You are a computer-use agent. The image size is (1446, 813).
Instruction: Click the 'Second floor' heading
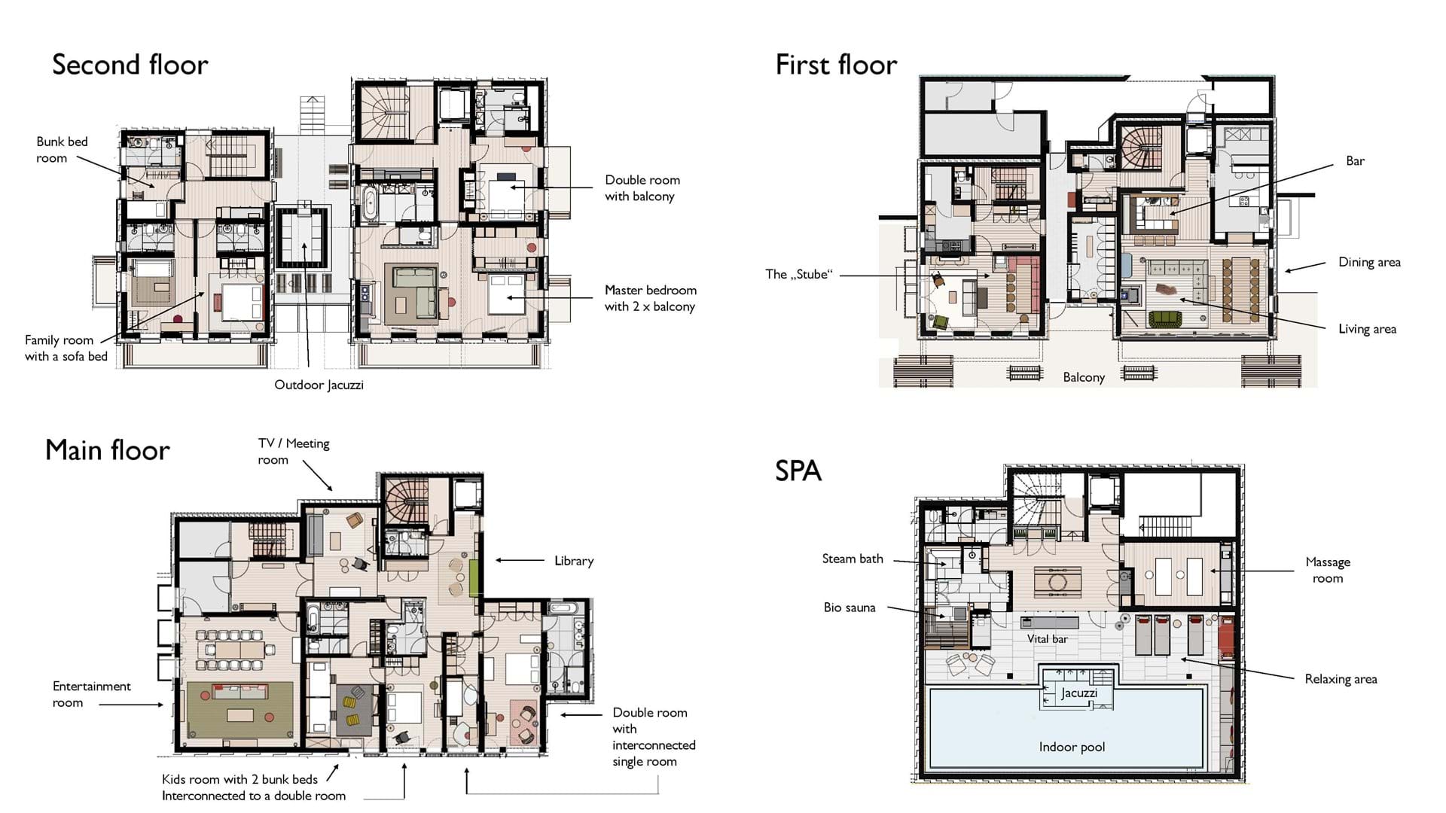130,65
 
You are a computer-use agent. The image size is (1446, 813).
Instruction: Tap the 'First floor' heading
836,65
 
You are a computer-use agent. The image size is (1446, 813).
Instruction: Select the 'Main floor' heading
108,450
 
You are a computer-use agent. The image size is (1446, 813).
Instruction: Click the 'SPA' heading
798,470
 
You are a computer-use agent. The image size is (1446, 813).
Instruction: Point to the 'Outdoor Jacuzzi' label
319,385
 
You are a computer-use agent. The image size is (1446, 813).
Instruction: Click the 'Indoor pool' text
1072,747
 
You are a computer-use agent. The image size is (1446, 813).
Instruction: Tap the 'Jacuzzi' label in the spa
1079,693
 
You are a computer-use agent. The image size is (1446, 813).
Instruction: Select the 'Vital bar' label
1048,639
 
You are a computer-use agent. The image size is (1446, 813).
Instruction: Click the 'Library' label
574,561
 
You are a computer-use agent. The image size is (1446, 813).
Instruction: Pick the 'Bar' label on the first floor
1355,161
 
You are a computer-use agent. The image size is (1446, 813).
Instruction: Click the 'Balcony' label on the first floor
1084,377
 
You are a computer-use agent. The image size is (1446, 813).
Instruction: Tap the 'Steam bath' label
853,559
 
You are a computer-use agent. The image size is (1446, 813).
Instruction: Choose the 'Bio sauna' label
850,607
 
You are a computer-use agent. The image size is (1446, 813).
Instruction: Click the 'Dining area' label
1369,262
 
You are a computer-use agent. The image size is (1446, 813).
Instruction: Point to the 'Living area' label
1367,329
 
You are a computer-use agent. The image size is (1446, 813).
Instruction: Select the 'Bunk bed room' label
62,150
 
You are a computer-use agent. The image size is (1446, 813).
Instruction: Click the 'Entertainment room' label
91,694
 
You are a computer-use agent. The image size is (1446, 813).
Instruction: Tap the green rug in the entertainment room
240,710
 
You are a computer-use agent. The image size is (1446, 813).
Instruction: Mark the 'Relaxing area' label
1341,679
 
